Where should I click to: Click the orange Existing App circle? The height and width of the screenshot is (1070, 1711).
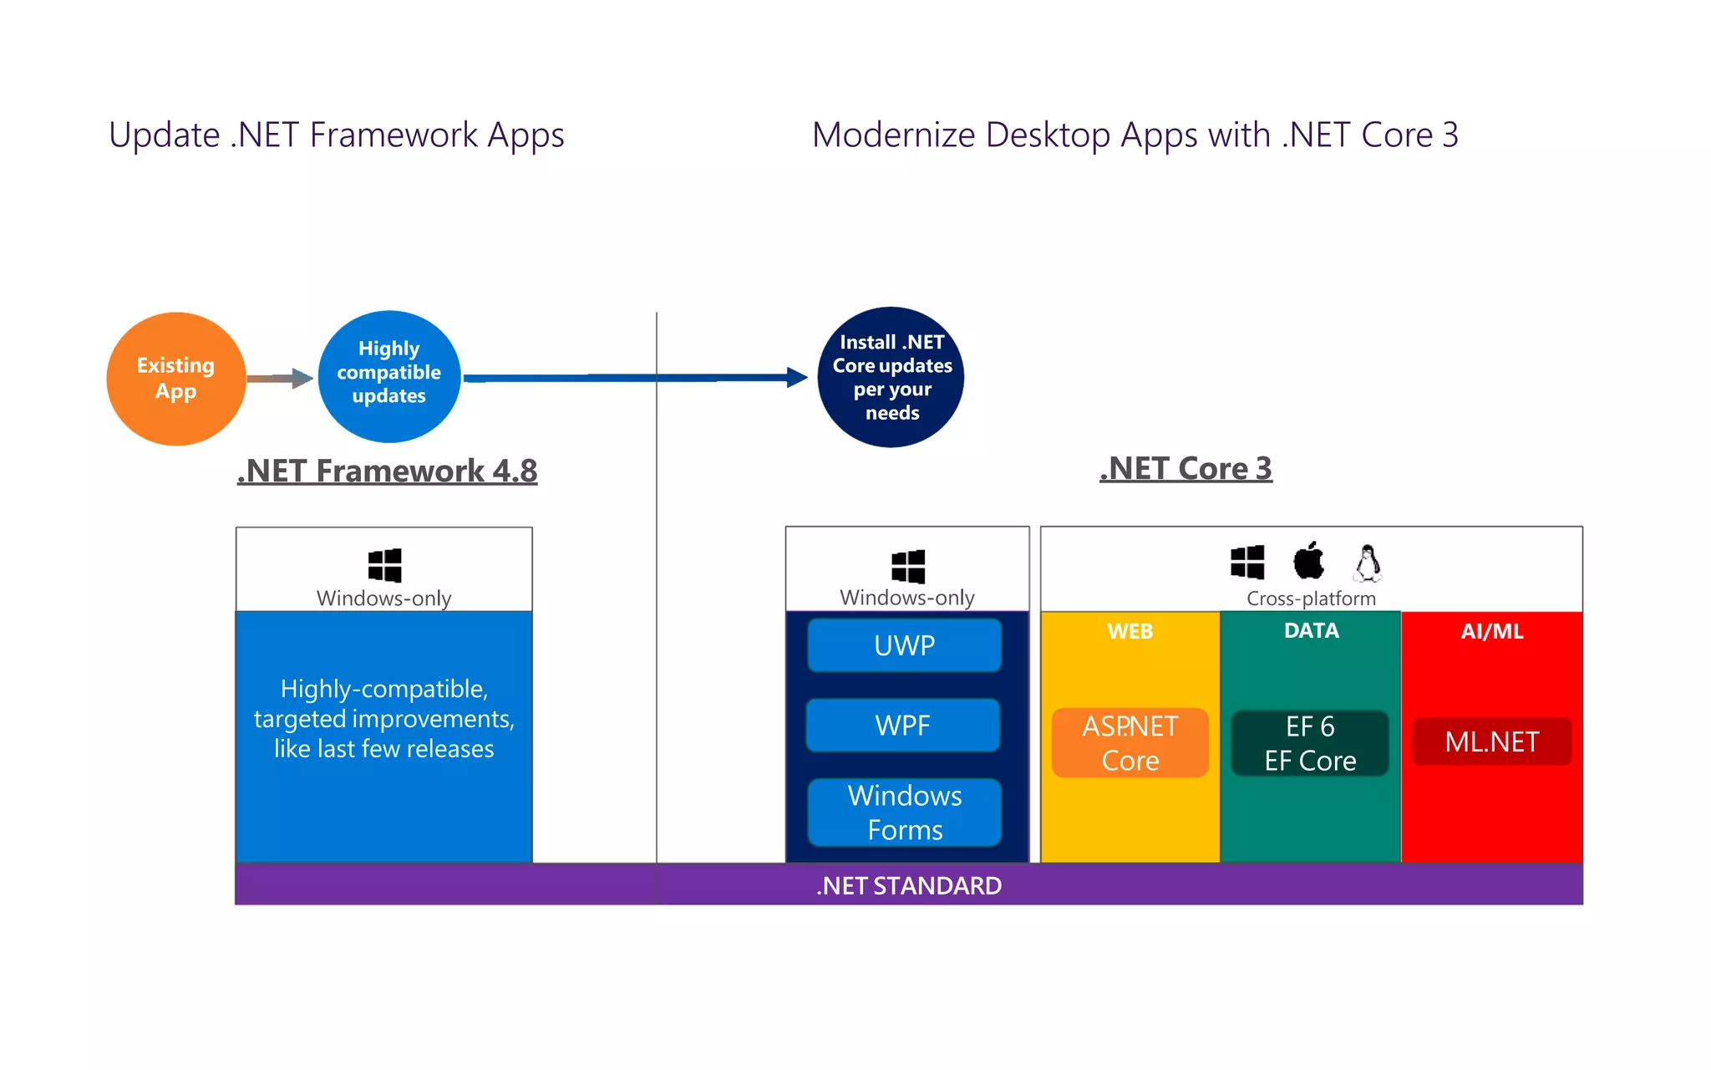pos(176,379)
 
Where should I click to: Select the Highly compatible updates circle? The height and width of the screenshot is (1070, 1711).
pos(389,376)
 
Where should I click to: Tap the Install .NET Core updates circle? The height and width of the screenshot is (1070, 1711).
pos(891,377)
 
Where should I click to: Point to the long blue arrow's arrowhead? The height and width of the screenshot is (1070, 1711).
pos(797,378)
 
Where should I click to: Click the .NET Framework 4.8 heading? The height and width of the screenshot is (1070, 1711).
pos(387,471)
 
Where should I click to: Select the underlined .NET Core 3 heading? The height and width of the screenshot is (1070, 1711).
pos(1186,468)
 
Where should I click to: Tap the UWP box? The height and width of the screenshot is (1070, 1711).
pos(905,645)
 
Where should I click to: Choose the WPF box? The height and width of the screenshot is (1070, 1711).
pos(903,725)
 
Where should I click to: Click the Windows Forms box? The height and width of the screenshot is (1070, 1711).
pos(905,813)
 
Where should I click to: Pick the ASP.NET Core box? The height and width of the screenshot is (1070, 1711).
pos(1130,743)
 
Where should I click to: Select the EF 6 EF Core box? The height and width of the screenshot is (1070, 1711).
pos(1310,743)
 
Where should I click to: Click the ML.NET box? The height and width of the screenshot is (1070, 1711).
pos(1492,741)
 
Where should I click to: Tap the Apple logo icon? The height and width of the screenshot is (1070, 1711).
pos(1309,561)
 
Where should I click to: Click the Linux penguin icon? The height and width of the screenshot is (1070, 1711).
pos(1368,563)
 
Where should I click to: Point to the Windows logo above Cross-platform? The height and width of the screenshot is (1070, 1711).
pos(1247,562)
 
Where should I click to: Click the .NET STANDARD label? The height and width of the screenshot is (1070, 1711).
pos(909,885)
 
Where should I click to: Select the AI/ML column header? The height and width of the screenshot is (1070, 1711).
pos(1492,631)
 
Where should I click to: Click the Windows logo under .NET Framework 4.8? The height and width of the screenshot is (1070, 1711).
pos(385,566)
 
